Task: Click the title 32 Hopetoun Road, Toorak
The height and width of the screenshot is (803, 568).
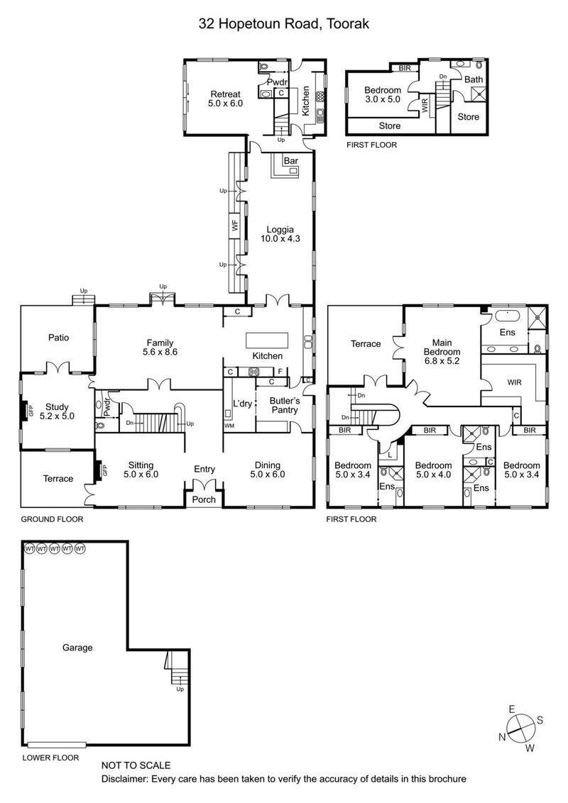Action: pyautogui.click(x=283, y=24)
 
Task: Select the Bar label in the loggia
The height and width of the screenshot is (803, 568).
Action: pyautogui.click(x=290, y=162)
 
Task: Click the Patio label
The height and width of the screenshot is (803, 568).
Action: pyautogui.click(x=58, y=338)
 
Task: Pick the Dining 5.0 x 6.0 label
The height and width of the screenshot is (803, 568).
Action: pyautogui.click(x=270, y=470)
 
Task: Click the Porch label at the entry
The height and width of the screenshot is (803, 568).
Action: pyautogui.click(x=204, y=499)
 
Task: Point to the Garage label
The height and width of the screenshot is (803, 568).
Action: pyautogui.click(x=77, y=647)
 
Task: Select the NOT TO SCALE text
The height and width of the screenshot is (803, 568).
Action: pyautogui.click(x=136, y=765)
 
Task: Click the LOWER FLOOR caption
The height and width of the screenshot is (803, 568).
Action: pyautogui.click(x=50, y=758)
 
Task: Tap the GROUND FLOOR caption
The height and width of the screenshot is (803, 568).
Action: pyautogui.click(x=52, y=519)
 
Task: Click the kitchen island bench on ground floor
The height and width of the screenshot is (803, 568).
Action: pyautogui.click(x=268, y=338)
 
